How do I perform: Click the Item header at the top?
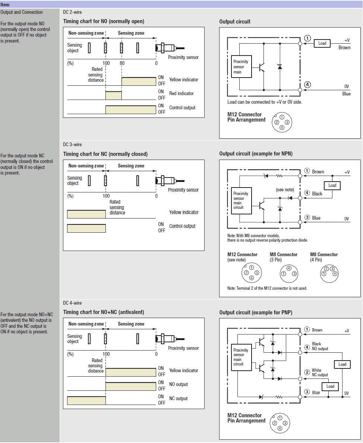click(5, 4)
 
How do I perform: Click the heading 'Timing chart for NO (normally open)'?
click(104, 21)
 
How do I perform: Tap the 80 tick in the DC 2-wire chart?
click(122, 63)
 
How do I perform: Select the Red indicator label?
click(181, 94)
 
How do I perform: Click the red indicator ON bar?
click(114, 95)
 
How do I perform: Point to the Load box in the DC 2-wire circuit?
click(322, 43)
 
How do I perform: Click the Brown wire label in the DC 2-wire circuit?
click(344, 48)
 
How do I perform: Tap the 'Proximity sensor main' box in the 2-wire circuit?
click(241, 67)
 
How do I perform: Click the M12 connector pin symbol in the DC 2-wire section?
click(282, 122)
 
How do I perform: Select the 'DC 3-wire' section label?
click(72, 145)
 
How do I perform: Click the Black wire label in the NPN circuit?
click(317, 194)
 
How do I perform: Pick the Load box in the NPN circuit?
click(332, 185)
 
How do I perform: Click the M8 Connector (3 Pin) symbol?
click(289, 274)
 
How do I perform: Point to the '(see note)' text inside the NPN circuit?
click(285, 190)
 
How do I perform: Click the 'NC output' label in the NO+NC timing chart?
click(179, 399)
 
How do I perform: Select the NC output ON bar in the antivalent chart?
click(86, 400)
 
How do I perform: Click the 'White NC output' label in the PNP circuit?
click(320, 373)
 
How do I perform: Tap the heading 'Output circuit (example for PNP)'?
click(256, 312)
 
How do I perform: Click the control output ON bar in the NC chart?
click(86, 228)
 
